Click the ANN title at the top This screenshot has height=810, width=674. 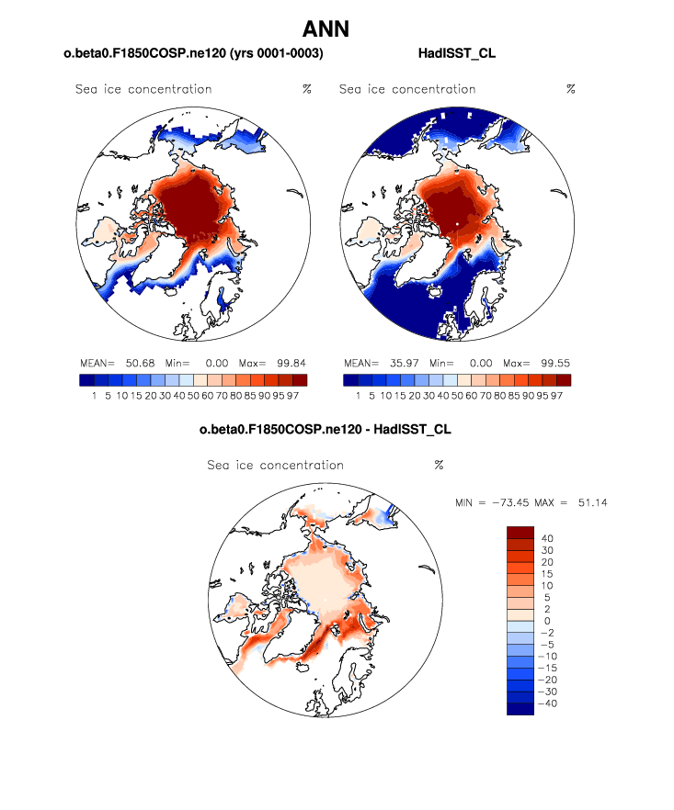click(326, 29)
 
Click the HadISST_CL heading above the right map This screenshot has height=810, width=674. click(457, 54)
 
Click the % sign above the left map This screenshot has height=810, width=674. click(306, 89)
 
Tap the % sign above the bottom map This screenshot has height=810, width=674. click(439, 465)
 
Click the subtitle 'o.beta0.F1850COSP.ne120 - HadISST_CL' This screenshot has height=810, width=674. click(326, 430)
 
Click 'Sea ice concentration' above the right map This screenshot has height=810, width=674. click(407, 89)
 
